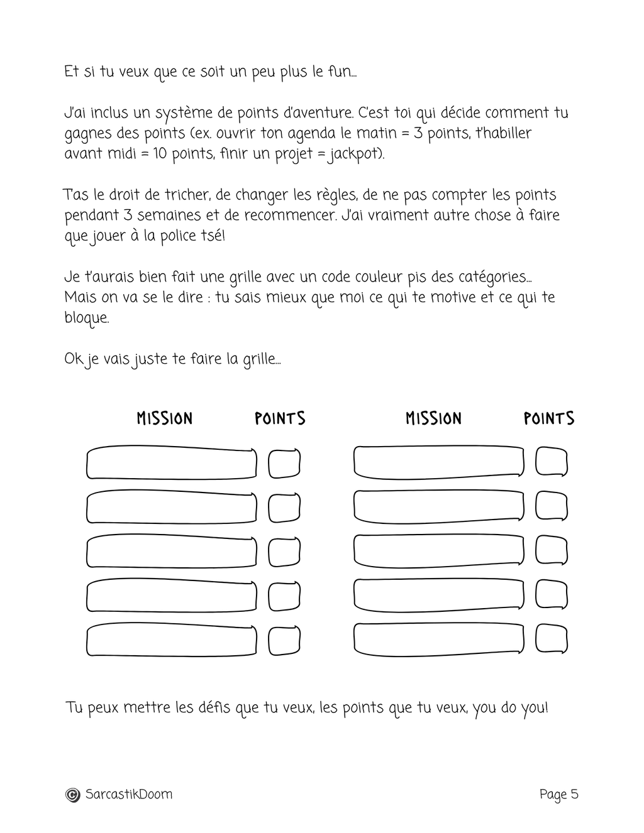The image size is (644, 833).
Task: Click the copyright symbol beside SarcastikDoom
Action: (x=73, y=795)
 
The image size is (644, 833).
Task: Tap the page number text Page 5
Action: (x=558, y=795)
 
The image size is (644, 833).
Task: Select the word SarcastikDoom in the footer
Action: (x=128, y=795)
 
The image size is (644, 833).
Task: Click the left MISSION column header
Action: (x=165, y=418)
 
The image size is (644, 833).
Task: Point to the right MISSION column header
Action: (x=433, y=418)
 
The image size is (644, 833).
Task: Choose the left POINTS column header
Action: (x=280, y=418)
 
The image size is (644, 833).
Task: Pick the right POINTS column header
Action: (x=549, y=418)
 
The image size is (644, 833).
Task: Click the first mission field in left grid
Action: (x=171, y=464)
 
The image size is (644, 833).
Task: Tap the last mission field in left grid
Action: (x=171, y=641)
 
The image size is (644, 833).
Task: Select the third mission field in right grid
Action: (x=438, y=551)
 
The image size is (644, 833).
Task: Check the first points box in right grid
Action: (x=552, y=462)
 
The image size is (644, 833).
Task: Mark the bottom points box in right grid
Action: (x=552, y=640)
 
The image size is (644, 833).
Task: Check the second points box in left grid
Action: (x=284, y=508)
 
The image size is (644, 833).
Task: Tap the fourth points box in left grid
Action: (x=284, y=597)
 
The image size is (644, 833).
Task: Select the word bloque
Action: (x=86, y=318)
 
